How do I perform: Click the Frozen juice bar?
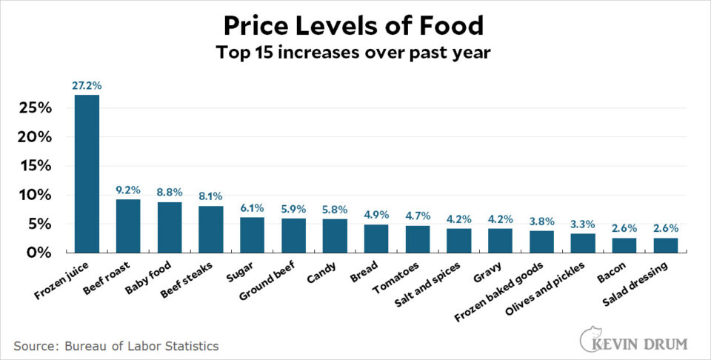click(x=87, y=174)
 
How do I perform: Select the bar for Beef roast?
click(x=128, y=226)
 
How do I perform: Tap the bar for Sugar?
click(x=252, y=235)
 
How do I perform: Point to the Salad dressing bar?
click(x=666, y=244)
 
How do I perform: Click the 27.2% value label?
click(x=87, y=86)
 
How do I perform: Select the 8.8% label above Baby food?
click(x=170, y=193)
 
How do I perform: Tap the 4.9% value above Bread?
click(x=376, y=216)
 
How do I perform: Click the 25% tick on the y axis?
click(x=33, y=108)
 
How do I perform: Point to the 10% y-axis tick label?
click(x=33, y=195)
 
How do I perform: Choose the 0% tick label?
click(x=39, y=253)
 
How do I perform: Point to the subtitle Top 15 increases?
click(x=355, y=54)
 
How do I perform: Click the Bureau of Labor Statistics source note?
click(x=116, y=345)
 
